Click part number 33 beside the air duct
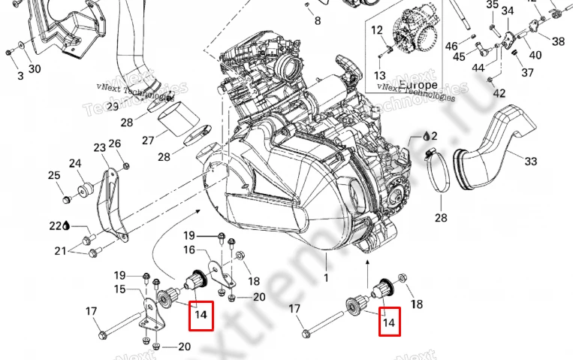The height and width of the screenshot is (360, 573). tap(531, 161)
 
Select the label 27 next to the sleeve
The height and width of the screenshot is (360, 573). tap(148, 140)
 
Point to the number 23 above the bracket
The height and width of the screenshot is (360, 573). tap(99, 147)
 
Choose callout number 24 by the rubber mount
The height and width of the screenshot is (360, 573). tap(75, 163)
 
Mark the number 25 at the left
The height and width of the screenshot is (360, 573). tap(54, 176)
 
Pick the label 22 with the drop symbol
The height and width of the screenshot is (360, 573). tap(56, 225)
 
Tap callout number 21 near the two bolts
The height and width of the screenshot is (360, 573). tap(60, 251)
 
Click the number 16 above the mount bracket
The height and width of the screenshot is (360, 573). tap(189, 250)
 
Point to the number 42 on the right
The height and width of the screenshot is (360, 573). tap(499, 92)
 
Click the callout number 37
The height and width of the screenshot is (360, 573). tap(527, 73)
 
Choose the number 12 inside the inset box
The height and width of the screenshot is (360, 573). tap(377, 30)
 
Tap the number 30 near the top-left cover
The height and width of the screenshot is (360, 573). tap(35, 70)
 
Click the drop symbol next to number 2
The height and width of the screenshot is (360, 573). tap(427, 137)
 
